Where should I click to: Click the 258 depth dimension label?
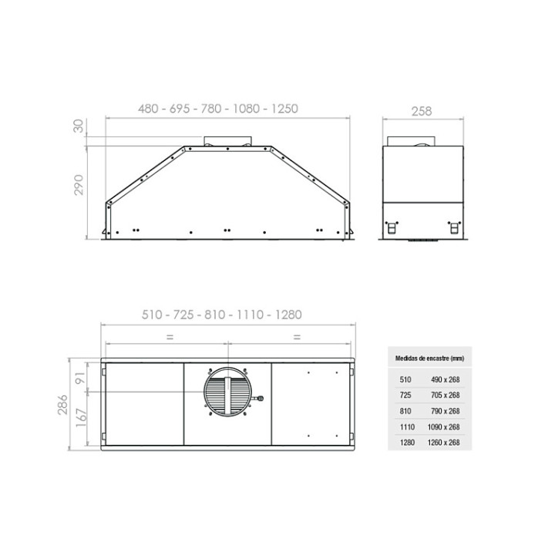coord(422,111)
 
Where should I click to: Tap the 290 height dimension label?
coord(79,185)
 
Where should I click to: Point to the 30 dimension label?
coord(78,126)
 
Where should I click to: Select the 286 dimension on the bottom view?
coord(62,405)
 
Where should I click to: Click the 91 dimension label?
coord(81,378)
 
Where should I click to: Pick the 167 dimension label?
coord(81,417)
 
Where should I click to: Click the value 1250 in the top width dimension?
coord(284,109)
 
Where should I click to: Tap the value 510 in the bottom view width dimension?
coord(152,314)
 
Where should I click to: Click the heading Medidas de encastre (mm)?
coord(429,358)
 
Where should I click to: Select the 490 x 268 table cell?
coord(446,379)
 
